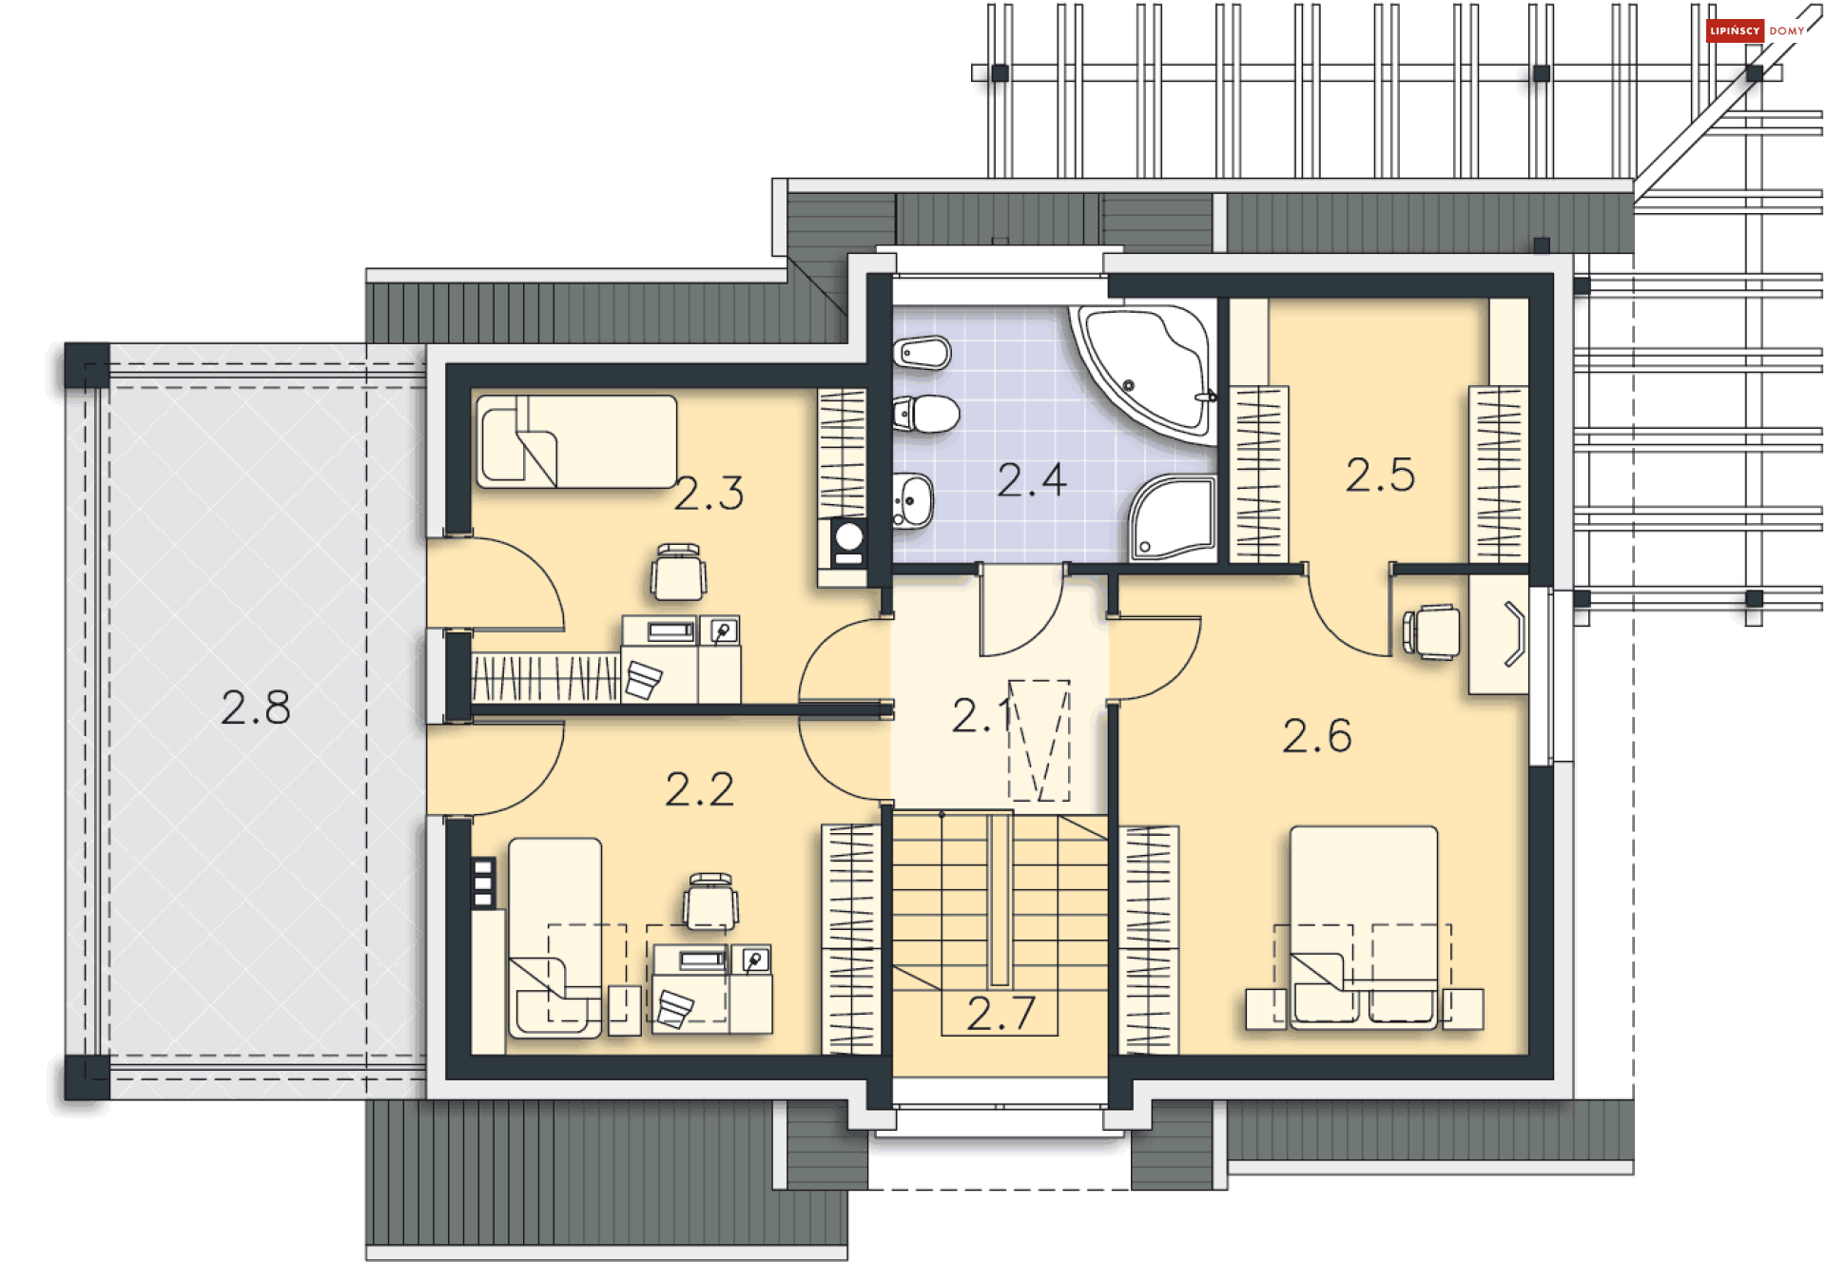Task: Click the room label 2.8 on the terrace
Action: tap(255, 708)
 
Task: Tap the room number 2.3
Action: tap(709, 494)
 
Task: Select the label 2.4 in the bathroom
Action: tap(1032, 480)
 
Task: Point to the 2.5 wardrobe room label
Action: tap(1380, 475)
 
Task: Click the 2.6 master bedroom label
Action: tap(1316, 736)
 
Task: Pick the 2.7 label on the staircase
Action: tap(1000, 1014)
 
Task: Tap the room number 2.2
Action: tap(699, 790)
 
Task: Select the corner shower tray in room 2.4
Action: tap(1174, 518)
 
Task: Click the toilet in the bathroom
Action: tap(926, 414)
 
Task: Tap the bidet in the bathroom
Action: tap(922, 353)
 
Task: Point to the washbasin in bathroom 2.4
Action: tap(913, 500)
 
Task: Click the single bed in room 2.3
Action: tap(576, 441)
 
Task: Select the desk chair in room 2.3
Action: tap(678, 573)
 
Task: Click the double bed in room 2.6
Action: tap(1364, 927)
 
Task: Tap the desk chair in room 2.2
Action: tap(710, 901)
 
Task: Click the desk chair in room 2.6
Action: tap(1431, 631)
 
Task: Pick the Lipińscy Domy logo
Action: tap(1756, 30)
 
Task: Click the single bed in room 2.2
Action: tap(555, 938)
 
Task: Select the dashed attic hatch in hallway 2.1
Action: tap(1039, 741)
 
